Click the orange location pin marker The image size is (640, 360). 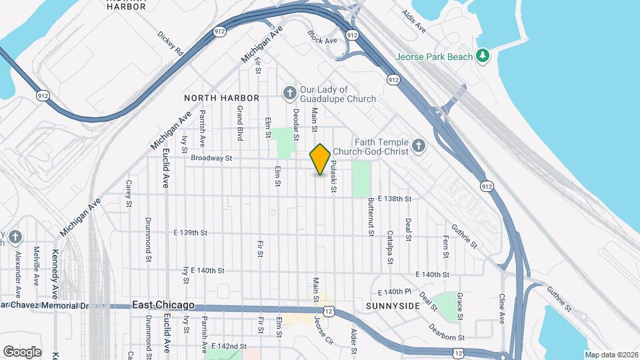[x=321, y=159]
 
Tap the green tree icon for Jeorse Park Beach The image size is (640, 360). [x=483, y=57]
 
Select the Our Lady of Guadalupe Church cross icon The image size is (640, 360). [x=289, y=92]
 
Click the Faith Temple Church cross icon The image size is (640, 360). [x=418, y=145]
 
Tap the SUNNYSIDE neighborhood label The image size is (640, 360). [x=393, y=306]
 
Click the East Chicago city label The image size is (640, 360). [x=163, y=305]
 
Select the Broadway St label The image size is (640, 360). [x=211, y=159]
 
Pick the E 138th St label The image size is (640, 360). [x=394, y=199]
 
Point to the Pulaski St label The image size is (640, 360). [x=331, y=176]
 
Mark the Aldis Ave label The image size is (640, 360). [x=413, y=21]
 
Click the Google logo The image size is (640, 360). [x=22, y=352]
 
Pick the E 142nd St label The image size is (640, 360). [x=229, y=347]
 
